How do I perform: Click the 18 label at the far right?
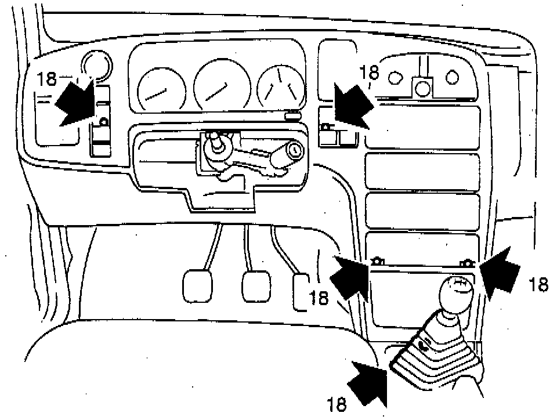click(x=538, y=284)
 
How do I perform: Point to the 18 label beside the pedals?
click(x=319, y=296)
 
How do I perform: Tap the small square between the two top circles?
click(x=422, y=88)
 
